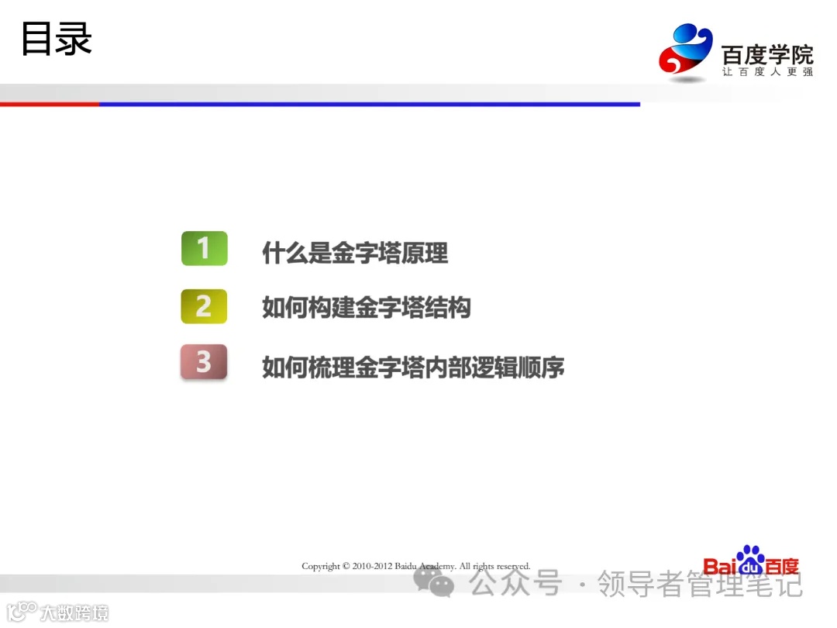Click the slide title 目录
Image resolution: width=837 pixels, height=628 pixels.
pyautogui.click(x=56, y=39)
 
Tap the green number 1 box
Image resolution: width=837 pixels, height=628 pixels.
pyautogui.click(x=204, y=248)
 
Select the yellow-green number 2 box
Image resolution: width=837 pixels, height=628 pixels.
pyautogui.click(x=204, y=306)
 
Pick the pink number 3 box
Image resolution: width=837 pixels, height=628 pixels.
pyautogui.click(x=204, y=362)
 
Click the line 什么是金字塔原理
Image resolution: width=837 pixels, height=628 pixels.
pyautogui.click(x=355, y=253)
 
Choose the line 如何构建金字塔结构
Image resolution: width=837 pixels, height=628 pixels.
pyautogui.click(x=367, y=309)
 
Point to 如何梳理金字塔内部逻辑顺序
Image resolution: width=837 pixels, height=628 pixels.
pyautogui.click(x=413, y=367)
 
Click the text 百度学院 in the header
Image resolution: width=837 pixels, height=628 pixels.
pyautogui.click(x=767, y=55)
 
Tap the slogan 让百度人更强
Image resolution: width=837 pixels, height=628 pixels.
pyautogui.click(x=767, y=72)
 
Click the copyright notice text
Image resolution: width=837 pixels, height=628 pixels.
pyautogui.click(x=416, y=566)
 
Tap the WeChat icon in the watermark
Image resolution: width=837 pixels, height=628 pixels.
pyautogui.click(x=433, y=581)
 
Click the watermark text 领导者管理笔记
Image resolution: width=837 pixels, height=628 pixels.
pyautogui.click(x=699, y=584)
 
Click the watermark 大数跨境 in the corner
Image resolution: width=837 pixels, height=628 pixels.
pyautogui.click(x=74, y=612)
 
